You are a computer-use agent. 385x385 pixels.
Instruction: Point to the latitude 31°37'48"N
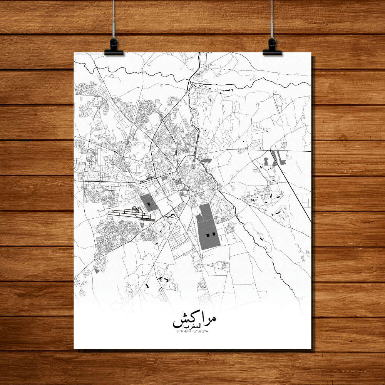tap(184, 331)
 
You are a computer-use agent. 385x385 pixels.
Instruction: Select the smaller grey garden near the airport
tap(148, 203)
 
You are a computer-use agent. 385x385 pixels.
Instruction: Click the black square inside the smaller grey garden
tap(148, 199)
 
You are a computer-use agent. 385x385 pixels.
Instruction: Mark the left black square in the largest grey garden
tap(208, 234)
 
